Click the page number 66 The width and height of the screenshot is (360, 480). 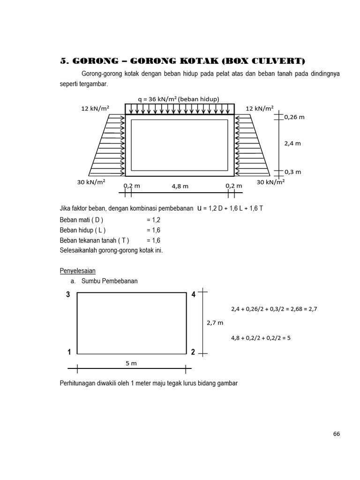[x=336, y=434]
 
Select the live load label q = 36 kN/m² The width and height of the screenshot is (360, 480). [x=179, y=99]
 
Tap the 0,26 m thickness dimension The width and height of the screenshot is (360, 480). [x=294, y=117]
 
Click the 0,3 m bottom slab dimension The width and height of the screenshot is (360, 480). [x=292, y=172]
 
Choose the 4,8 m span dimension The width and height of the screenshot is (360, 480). [x=180, y=186]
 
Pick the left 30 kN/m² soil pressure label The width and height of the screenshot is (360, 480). [x=91, y=182]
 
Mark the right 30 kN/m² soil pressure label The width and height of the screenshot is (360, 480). [x=270, y=182]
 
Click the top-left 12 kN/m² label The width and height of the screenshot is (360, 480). [x=95, y=109]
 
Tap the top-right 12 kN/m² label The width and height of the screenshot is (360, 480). [x=260, y=109]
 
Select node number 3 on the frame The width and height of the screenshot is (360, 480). [x=68, y=295]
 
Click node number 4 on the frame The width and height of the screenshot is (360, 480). [x=193, y=295]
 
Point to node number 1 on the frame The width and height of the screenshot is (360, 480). [x=69, y=352]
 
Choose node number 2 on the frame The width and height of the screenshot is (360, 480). [x=193, y=352]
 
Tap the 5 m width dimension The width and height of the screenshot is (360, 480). [x=131, y=363]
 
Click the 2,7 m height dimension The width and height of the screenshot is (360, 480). [x=215, y=323]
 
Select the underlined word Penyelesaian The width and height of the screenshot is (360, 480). [x=78, y=271]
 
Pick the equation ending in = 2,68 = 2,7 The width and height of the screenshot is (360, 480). [x=277, y=309]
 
